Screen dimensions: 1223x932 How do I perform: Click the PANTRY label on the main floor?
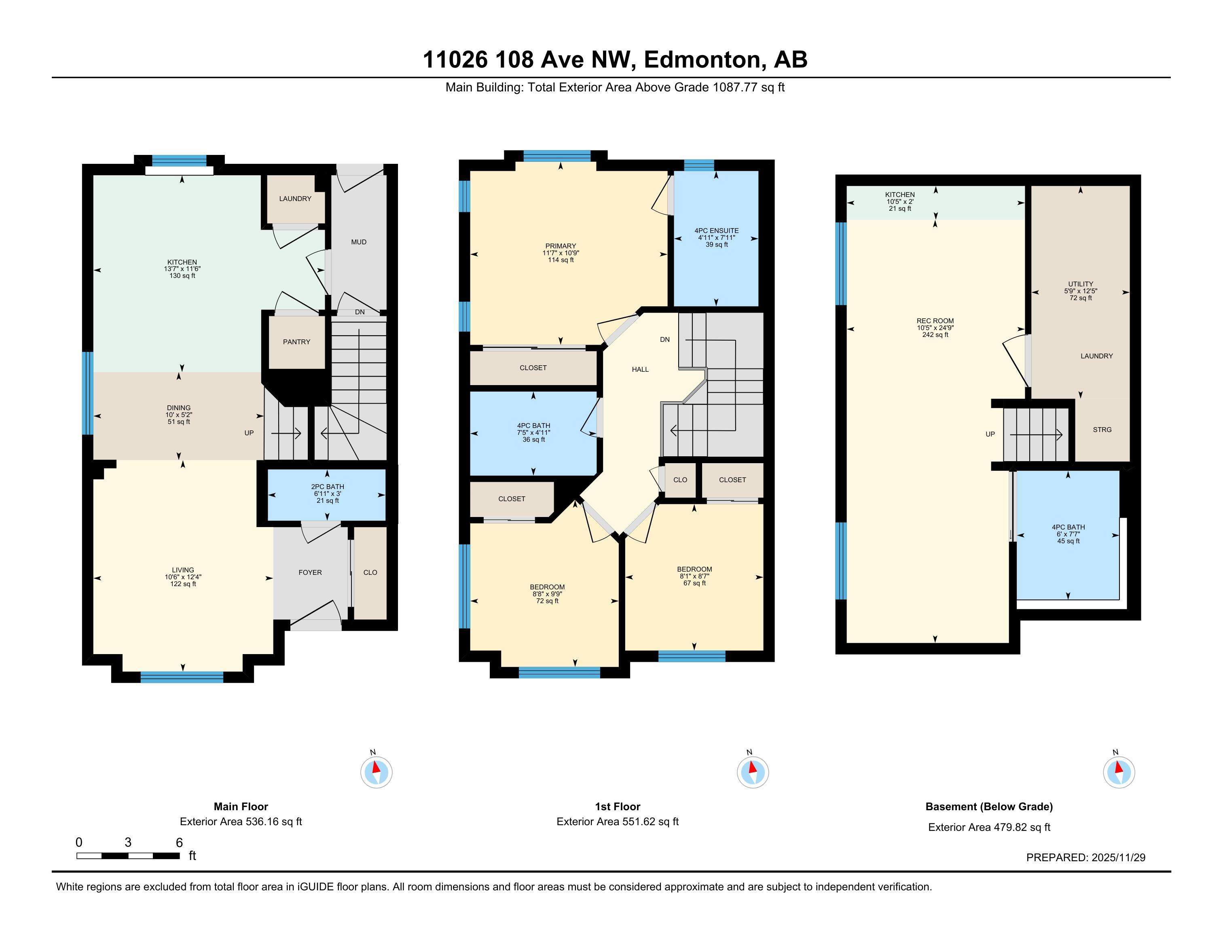click(296, 342)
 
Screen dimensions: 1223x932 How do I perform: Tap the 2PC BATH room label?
click(327, 487)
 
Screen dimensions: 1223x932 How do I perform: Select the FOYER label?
click(310, 572)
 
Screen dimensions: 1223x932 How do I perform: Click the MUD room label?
click(359, 242)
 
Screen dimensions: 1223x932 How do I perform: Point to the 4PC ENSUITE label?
click(717, 231)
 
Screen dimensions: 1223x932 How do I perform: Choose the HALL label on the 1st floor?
click(640, 369)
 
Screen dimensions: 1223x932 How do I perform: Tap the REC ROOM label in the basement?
click(935, 321)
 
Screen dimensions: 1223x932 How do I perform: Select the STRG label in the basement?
click(1102, 430)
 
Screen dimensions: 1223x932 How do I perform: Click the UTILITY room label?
click(1081, 284)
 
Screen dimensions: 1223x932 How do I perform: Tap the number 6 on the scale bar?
click(179, 843)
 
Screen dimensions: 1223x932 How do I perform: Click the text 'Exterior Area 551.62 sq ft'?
click(617, 822)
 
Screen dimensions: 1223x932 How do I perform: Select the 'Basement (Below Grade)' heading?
click(989, 807)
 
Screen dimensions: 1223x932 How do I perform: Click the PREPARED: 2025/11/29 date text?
click(1085, 858)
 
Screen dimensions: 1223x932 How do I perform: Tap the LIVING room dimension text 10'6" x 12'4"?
click(183, 577)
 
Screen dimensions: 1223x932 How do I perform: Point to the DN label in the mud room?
click(360, 312)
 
